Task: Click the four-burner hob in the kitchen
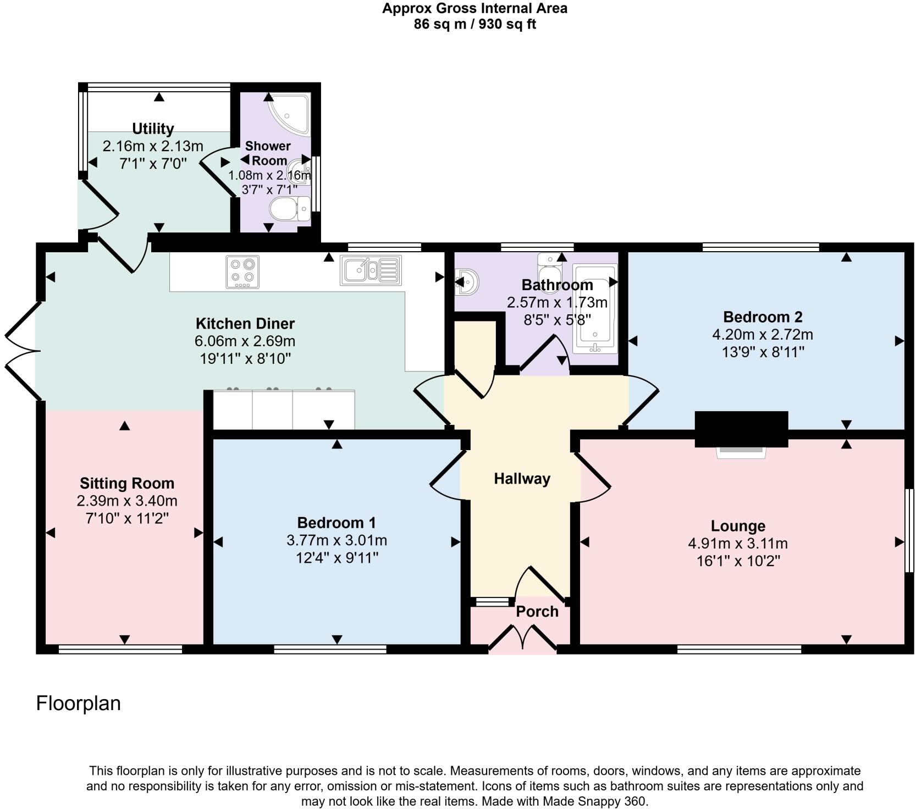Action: coord(242,271)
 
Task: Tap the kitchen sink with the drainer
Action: coord(371,270)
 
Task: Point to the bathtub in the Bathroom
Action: coord(595,309)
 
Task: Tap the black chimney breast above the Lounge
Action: coord(741,429)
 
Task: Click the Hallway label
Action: coord(522,479)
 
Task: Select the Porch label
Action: coord(537,611)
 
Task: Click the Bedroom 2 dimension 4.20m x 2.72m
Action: coord(763,335)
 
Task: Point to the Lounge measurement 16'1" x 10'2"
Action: coord(738,561)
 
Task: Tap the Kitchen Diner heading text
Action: coord(245,323)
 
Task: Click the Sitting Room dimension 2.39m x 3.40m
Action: coord(127,501)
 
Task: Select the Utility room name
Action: coord(153,129)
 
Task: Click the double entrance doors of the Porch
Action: coord(522,639)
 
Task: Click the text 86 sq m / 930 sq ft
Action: coord(474,24)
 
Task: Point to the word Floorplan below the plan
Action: coord(78,703)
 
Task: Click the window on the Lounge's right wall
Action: coord(909,531)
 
